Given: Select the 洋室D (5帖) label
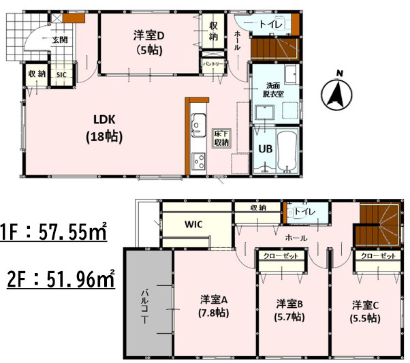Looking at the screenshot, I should click(x=148, y=42).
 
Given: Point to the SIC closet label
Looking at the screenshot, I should click(x=61, y=74).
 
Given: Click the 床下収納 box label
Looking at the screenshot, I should click(x=221, y=138).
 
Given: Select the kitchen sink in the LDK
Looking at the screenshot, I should click(x=200, y=125).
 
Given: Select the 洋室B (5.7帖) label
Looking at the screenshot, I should click(x=290, y=310).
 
